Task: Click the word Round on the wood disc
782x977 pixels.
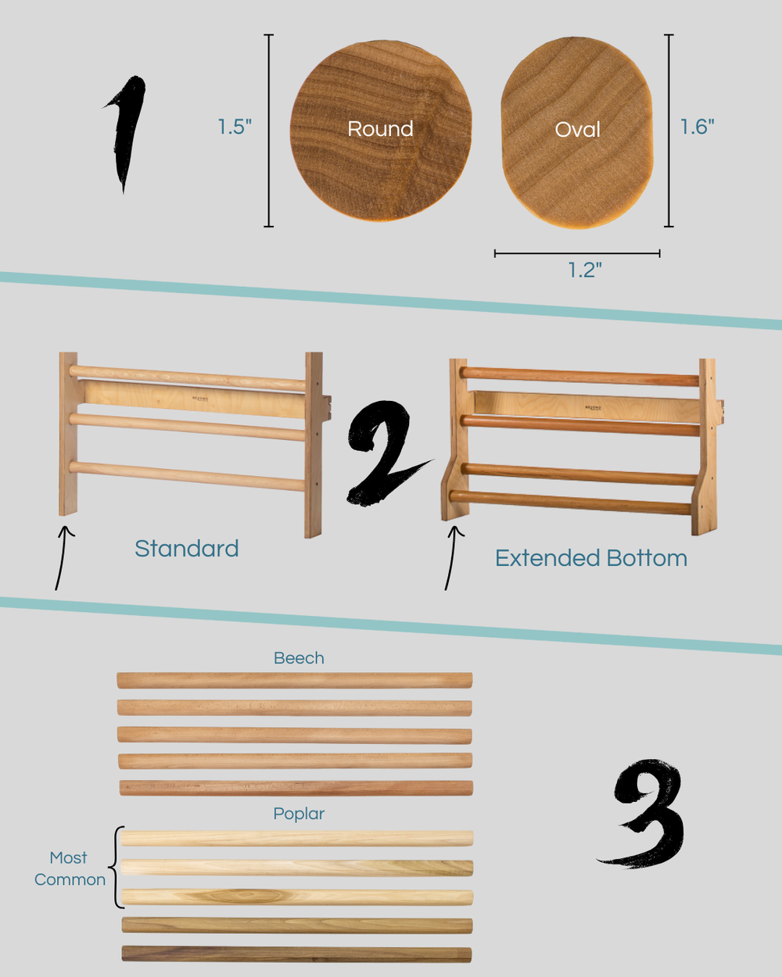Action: click(x=380, y=128)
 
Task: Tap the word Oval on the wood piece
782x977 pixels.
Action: click(x=578, y=130)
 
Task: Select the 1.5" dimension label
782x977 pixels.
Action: click(x=235, y=127)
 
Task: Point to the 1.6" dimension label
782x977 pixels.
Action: click(x=697, y=127)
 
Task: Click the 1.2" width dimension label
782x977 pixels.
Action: click(x=585, y=270)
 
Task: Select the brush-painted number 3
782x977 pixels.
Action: click(x=644, y=814)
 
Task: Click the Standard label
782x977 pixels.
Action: click(x=186, y=549)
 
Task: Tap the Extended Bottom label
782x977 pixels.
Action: click(x=590, y=558)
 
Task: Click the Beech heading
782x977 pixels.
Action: click(x=299, y=658)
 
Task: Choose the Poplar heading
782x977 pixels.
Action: click(x=299, y=814)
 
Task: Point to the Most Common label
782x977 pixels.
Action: click(x=70, y=868)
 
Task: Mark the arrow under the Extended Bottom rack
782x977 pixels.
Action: click(x=452, y=558)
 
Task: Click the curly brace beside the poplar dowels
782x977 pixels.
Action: click(x=117, y=868)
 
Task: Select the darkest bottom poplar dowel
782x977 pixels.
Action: click(x=296, y=954)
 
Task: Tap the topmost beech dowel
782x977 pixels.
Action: click(x=295, y=681)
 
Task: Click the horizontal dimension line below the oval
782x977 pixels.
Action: click(x=577, y=253)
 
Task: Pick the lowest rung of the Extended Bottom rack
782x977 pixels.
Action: click(x=570, y=502)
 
